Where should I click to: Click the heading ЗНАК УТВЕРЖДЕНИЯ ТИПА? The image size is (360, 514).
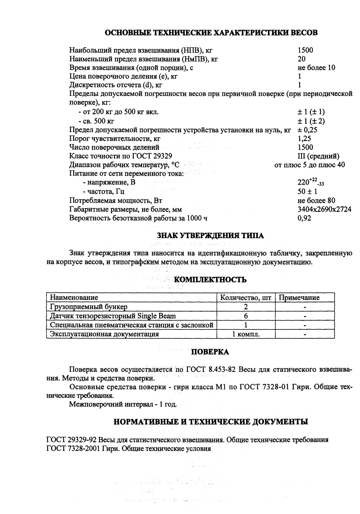(210, 236)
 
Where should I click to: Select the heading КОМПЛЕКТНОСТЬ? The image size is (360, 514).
(210, 280)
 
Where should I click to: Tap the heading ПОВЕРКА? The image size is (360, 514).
(210, 352)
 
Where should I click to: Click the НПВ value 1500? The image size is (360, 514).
(305, 50)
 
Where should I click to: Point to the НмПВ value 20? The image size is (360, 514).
(301, 59)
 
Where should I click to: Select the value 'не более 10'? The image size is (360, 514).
(316, 68)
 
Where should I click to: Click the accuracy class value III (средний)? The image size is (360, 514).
(318, 156)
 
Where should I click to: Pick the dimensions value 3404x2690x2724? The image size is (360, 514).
(324, 209)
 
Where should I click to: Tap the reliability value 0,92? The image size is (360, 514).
(304, 218)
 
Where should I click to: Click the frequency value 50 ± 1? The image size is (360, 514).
(307, 192)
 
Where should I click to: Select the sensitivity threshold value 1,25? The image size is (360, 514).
(304, 139)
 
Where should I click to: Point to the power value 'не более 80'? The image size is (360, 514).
(316, 201)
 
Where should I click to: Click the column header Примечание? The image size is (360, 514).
(299, 298)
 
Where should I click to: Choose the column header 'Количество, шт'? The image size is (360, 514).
(245, 298)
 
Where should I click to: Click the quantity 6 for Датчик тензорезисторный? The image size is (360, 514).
(246, 316)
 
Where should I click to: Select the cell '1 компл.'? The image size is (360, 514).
(246, 334)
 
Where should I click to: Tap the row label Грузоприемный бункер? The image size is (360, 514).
(88, 307)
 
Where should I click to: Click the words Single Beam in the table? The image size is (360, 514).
(157, 316)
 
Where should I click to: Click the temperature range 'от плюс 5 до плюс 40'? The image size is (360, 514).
(310, 165)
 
